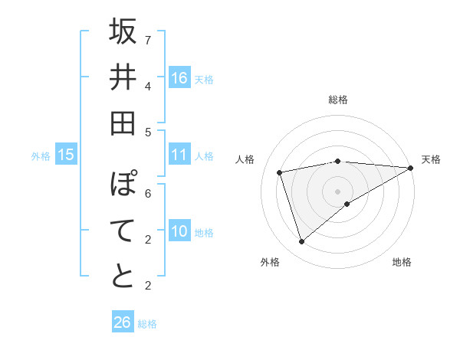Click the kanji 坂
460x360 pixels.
tap(123, 31)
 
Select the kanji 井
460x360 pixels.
tap(123, 77)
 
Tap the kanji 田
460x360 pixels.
tap(123, 123)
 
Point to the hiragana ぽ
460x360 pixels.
tap(123, 185)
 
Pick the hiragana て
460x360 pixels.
tap(123, 231)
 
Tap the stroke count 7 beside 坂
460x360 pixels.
tap(148, 39)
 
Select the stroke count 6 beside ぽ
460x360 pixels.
tap(148, 193)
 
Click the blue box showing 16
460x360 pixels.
tap(179, 77)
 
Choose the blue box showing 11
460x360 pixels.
tap(179, 155)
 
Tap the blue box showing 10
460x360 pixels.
tap(179, 231)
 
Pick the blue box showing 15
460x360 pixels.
tap(66, 155)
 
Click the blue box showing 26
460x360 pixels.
tap(123, 322)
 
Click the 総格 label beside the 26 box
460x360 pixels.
tap(147, 324)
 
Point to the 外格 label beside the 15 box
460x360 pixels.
tap(41, 156)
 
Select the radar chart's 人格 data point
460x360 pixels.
tap(280, 172)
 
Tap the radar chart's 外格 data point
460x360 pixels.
tap(301, 242)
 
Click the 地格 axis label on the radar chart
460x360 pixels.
tap(402, 263)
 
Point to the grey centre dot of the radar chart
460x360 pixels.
tap(337, 190)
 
